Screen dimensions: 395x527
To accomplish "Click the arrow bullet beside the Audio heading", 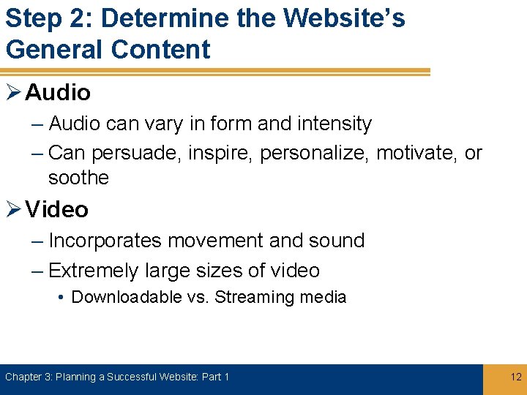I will pyautogui.click(x=14, y=93).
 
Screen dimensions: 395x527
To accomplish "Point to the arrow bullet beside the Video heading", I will pyautogui.click(x=14, y=210).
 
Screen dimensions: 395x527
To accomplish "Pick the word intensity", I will pyautogui.click(x=335, y=124).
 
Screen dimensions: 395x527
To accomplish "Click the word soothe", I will pyautogui.click(x=78, y=178).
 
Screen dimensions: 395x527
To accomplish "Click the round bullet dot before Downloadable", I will pyautogui.click(x=63, y=298).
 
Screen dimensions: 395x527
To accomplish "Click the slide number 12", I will pyautogui.click(x=516, y=377).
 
